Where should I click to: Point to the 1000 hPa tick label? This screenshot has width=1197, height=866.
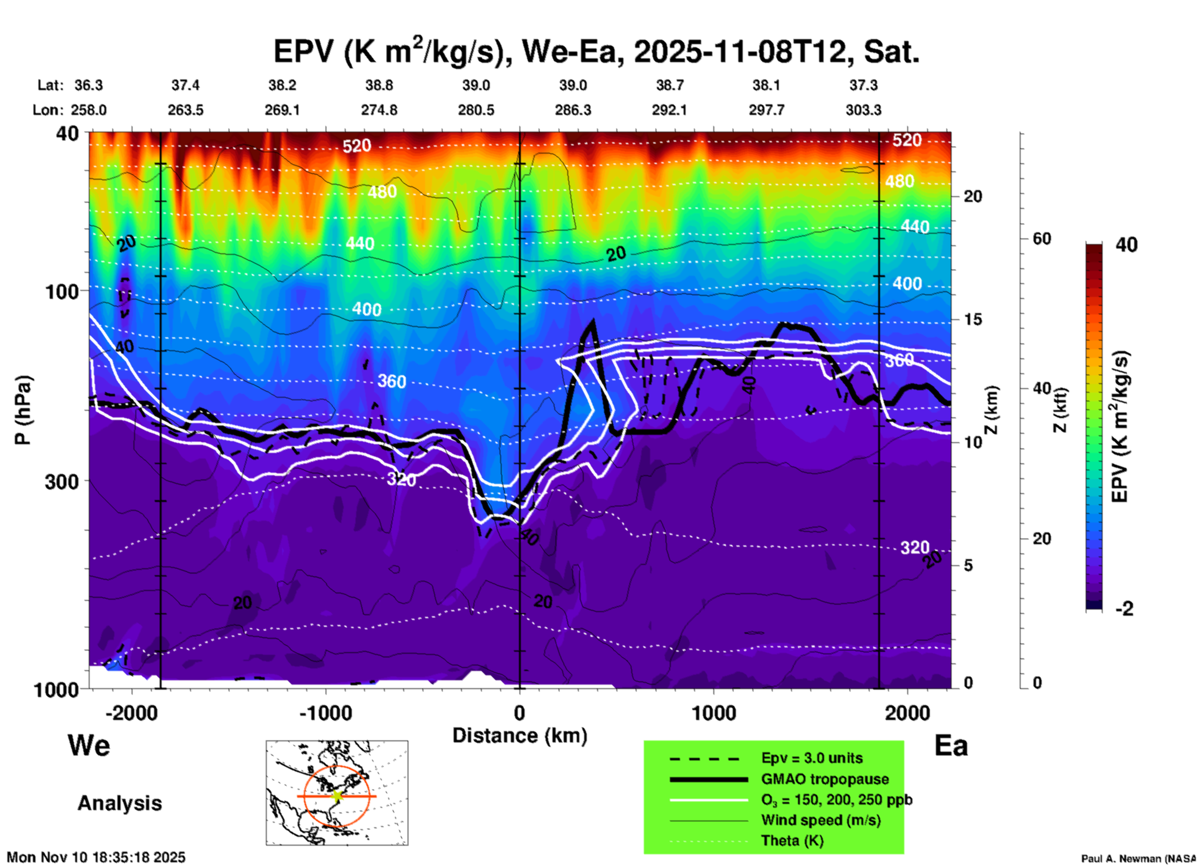(55, 690)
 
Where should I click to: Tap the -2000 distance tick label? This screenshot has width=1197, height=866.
(132, 713)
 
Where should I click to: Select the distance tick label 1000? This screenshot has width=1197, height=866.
(713, 713)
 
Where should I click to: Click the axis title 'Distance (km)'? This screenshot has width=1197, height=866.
(520, 736)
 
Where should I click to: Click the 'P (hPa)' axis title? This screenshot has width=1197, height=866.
(23, 410)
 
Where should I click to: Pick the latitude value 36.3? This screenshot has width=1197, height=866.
(88, 85)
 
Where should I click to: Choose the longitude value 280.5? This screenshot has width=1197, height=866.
(476, 110)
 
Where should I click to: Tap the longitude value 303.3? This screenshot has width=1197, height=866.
(863, 110)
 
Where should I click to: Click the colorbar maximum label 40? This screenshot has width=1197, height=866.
(1126, 245)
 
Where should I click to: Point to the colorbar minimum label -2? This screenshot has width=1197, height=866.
(1124, 609)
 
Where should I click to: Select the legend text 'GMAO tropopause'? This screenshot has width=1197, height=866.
(825, 779)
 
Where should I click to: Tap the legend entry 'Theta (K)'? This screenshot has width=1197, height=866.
(792, 841)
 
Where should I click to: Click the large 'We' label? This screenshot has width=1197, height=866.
(89, 745)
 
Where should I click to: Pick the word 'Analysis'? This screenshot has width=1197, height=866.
(119, 803)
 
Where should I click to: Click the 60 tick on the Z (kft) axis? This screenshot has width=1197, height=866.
(1042, 239)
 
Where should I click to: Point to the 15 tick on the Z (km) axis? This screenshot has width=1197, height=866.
(973, 319)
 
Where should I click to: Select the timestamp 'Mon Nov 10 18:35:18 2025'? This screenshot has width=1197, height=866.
(96, 857)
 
